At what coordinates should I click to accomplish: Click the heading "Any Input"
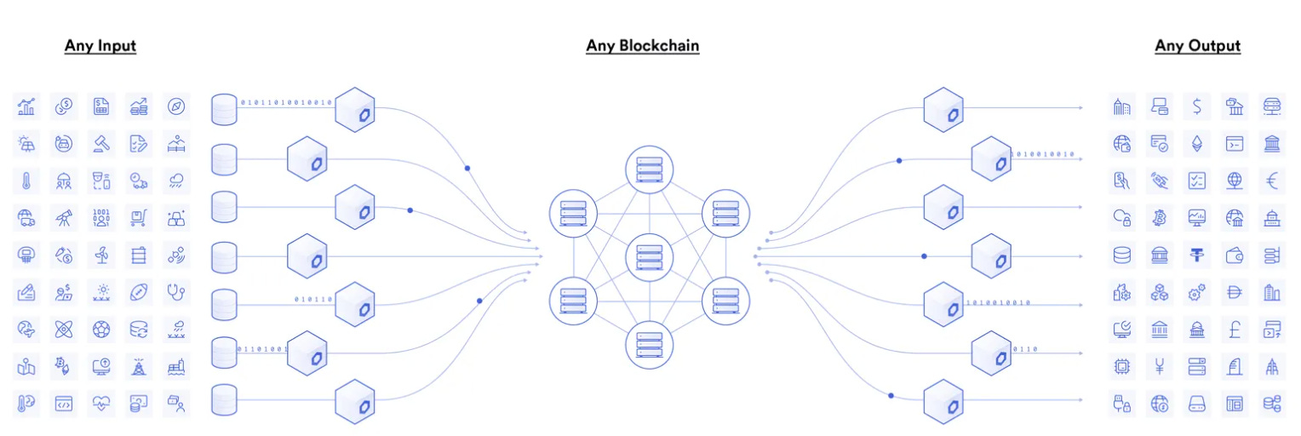[x=100, y=46]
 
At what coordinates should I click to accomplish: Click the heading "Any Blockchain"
[x=642, y=46]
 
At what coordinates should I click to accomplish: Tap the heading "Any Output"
[x=1197, y=46]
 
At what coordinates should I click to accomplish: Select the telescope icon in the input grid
[x=64, y=217]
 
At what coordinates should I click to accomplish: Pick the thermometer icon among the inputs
[x=26, y=181]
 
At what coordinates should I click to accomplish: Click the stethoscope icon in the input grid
[x=176, y=291]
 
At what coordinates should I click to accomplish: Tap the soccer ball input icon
[x=101, y=328]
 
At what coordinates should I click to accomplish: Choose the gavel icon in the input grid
[x=101, y=143]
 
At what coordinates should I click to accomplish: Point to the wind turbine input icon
[x=101, y=254]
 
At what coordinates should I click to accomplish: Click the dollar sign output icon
[x=1197, y=106]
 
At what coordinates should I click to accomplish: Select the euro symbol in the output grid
[x=1272, y=181]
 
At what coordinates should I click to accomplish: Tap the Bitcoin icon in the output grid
[x=1159, y=217]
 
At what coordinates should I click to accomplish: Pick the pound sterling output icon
[x=1235, y=328]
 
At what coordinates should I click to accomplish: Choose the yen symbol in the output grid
[x=1159, y=366]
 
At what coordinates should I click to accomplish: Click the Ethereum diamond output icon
[x=1197, y=143]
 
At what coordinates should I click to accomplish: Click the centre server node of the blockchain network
[x=649, y=255]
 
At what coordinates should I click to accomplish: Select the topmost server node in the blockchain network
[x=649, y=168]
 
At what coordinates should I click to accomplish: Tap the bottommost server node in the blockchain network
[x=649, y=344]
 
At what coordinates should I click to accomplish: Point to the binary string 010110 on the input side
[x=312, y=299]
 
